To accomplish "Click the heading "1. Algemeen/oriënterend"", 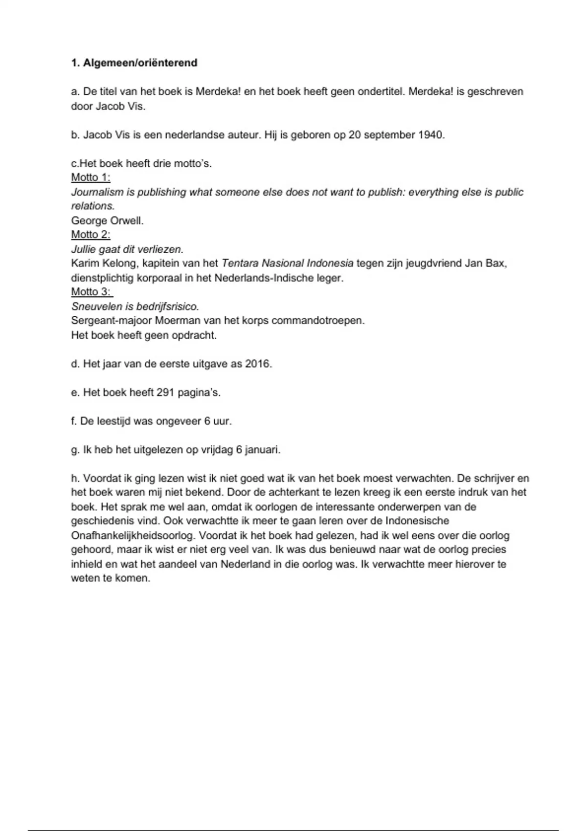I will [134, 63].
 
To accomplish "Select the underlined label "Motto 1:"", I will [91, 177].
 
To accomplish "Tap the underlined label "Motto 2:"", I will [91, 235].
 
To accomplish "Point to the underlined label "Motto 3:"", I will [91, 292].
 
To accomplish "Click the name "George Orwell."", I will [108, 220].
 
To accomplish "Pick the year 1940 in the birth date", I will [430, 135].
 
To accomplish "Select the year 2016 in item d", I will [258, 364].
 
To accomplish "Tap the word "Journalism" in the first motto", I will [97, 192].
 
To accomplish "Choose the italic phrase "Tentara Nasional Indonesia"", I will [287, 263].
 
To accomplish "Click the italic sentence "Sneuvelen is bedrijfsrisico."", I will [135, 306].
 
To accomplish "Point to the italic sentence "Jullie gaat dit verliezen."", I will [127, 249].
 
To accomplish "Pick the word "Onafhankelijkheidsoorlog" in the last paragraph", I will [132, 535].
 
